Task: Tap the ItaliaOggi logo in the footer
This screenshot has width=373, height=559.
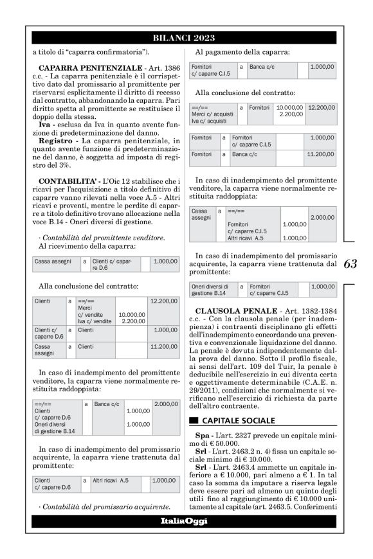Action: (x=184, y=521)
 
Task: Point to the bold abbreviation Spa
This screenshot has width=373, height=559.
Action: (x=203, y=417)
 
